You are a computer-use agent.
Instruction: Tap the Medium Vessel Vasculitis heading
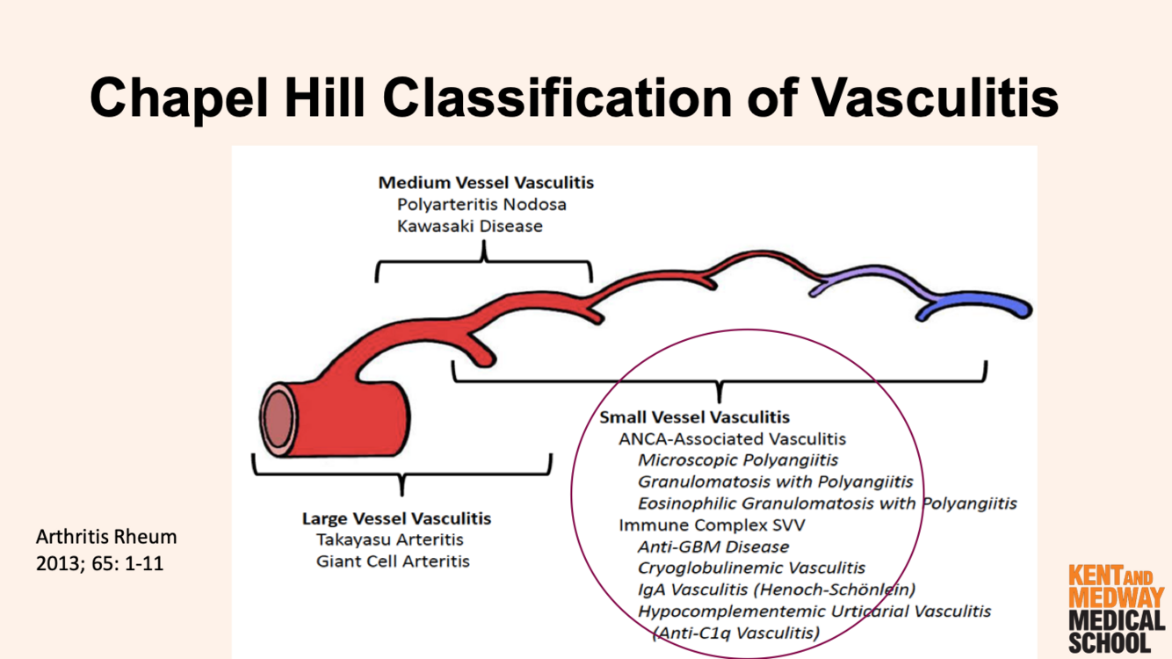(486, 183)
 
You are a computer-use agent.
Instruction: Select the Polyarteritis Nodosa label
(481, 204)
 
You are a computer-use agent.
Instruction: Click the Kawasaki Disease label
(470, 226)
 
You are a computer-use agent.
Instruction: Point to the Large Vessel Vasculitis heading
(396, 518)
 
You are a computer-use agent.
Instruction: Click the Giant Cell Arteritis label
(393, 561)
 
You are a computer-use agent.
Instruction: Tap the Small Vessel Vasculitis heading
(694, 416)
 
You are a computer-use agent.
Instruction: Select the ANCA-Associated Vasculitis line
(732, 438)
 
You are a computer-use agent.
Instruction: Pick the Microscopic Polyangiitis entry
(738, 460)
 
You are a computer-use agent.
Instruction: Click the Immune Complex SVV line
(712, 525)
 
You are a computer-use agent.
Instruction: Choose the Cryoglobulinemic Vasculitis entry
(751, 568)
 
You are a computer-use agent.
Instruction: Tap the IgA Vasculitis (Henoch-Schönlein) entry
(777, 589)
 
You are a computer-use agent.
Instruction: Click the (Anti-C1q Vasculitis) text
(736, 632)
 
